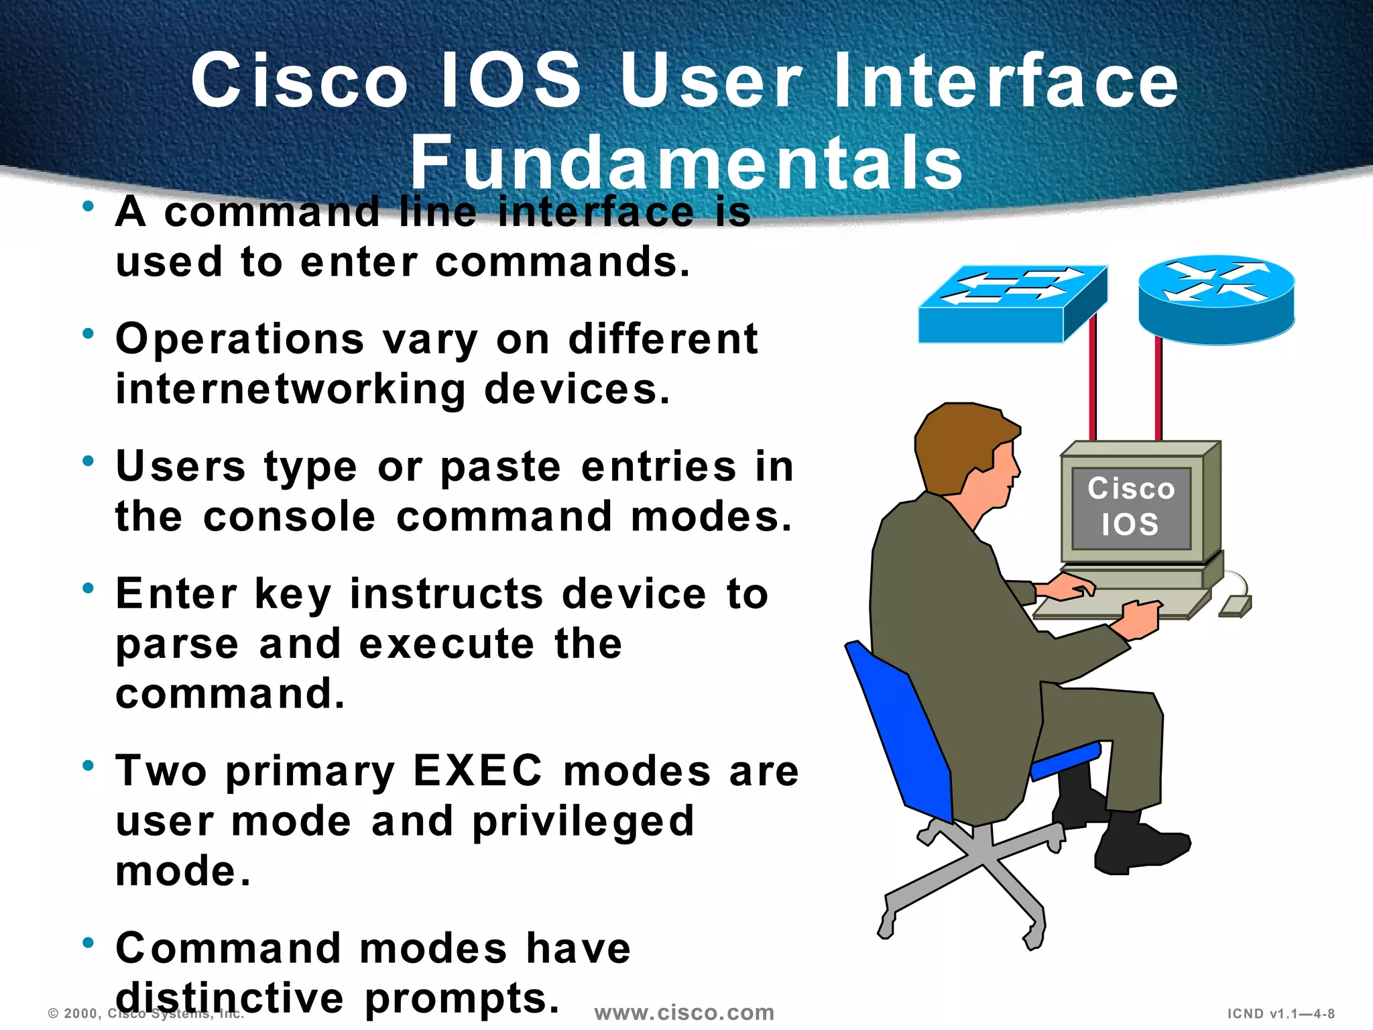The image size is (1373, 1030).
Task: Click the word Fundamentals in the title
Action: tap(686, 163)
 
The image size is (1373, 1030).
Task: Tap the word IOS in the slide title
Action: tap(511, 80)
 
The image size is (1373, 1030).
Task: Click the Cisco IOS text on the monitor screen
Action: tap(1130, 506)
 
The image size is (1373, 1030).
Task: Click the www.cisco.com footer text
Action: tap(684, 1012)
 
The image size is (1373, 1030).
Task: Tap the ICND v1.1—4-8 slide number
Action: tap(1280, 1014)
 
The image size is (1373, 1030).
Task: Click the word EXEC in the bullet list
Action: tap(477, 770)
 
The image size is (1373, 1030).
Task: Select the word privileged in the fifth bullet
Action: tap(583, 821)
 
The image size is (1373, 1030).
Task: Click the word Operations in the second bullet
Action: tap(239, 339)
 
